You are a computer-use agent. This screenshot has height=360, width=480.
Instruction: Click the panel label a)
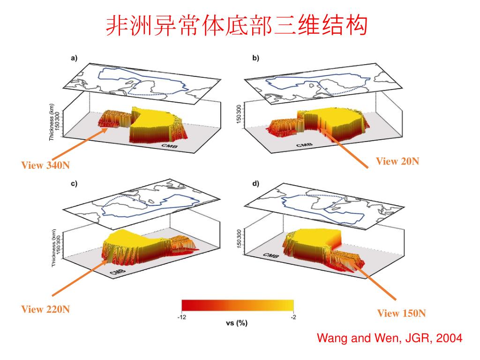click(74, 58)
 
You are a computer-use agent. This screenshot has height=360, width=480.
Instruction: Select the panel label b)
click(255, 58)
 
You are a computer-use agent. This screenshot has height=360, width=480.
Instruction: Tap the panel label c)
click(74, 184)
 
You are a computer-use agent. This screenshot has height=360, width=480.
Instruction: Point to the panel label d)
click(255, 184)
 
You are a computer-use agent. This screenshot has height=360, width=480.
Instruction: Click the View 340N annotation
click(45, 165)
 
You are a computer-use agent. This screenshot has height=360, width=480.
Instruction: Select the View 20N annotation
click(397, 161)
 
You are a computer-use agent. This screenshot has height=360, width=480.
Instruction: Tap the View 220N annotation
click(45, 309)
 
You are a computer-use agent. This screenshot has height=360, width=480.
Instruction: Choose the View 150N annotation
click(402, 313)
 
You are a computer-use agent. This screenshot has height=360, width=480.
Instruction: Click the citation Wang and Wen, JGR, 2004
click(390, 338)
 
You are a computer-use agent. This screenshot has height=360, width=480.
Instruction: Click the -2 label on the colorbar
click(293, 317)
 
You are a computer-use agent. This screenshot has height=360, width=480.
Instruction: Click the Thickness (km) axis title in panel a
click(52, 122)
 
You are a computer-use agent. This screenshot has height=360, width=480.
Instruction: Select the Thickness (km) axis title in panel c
click(54, 248)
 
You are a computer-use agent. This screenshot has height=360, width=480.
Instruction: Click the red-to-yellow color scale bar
click(238, 305)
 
